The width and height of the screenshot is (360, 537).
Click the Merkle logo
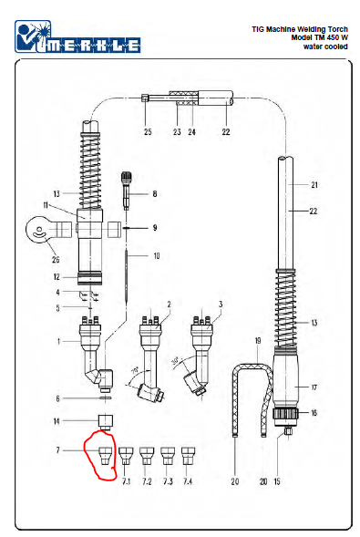77,37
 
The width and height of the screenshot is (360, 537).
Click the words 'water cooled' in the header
325,46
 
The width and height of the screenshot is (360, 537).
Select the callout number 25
148,132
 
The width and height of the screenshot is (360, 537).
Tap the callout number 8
155,194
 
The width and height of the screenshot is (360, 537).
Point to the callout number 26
56,259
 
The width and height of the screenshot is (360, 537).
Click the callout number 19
258,340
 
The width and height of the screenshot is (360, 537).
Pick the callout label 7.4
188,481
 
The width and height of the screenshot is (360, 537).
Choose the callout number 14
57,421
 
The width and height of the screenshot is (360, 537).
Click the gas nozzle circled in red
105,456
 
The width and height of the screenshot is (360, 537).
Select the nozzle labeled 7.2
147,456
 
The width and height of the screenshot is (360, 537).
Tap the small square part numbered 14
106,422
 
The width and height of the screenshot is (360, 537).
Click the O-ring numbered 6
106,398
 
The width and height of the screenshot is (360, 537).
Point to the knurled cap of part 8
127,178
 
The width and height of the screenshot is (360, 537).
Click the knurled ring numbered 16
285,413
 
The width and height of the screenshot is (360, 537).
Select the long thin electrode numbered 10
127,276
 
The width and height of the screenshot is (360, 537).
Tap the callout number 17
314,387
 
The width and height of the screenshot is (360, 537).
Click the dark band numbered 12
89,278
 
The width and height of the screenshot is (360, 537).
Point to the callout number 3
221,304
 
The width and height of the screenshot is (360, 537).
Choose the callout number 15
277,481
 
